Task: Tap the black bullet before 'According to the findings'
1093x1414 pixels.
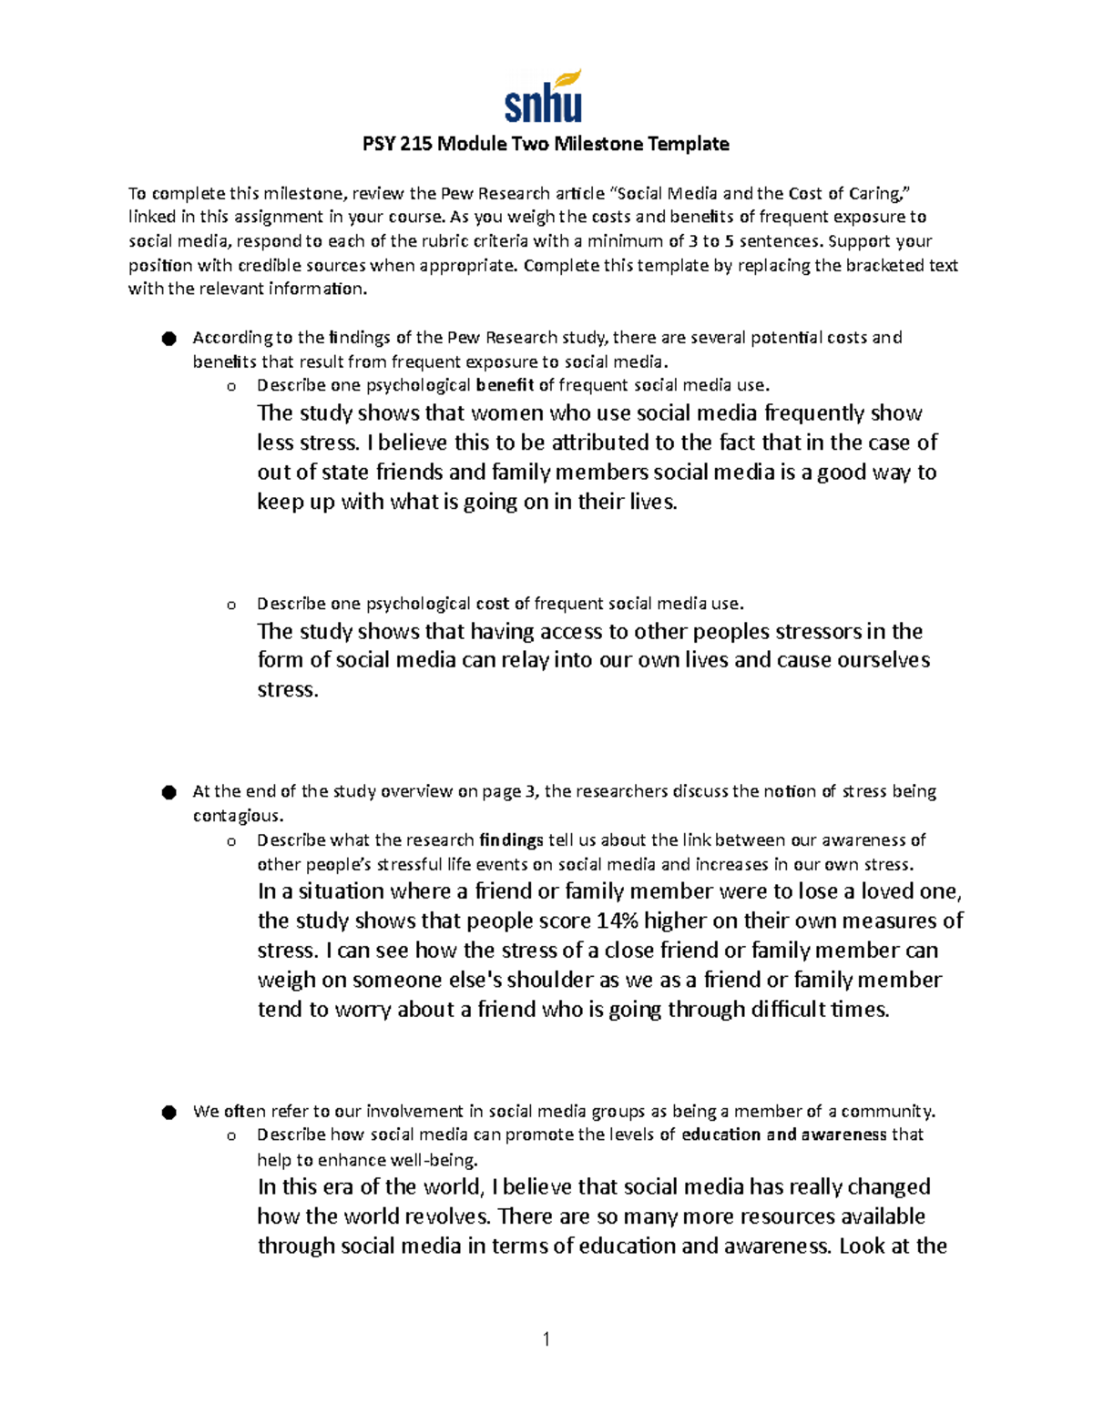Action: [169, 339]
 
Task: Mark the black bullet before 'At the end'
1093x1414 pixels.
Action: [169, 793]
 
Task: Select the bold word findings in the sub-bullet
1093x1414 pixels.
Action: [511, 840]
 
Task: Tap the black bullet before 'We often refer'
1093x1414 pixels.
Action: [169, 1113]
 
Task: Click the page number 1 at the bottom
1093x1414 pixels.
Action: [546, 1338]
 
